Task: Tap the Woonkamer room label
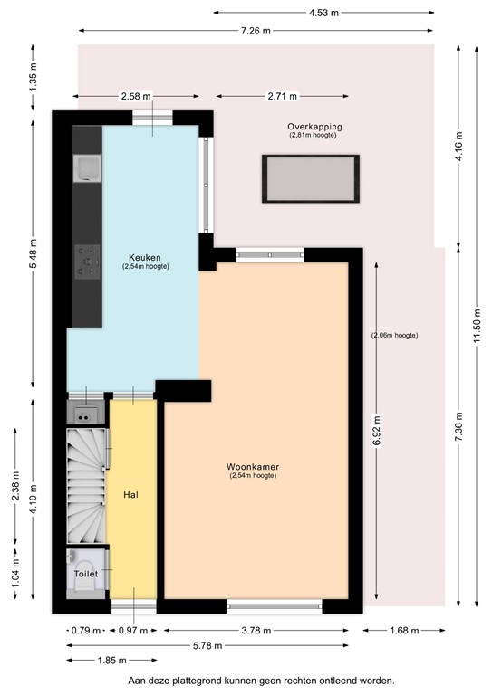point(253,467)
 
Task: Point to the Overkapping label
point(314,126)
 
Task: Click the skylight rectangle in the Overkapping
point(311,179)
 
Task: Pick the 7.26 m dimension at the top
point(258,31)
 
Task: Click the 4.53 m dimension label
point(323,13)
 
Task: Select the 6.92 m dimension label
point(375,429)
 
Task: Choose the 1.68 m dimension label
point(403,631)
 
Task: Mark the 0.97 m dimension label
point(133,631)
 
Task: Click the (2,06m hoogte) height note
point(394,335)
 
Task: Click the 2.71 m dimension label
point(281,95)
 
